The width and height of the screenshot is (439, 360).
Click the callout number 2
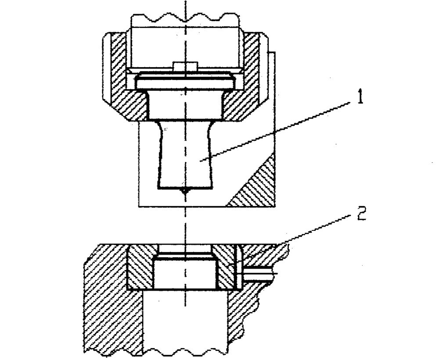coord(362,214)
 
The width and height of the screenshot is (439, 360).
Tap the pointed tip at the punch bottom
coord(185,192)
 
